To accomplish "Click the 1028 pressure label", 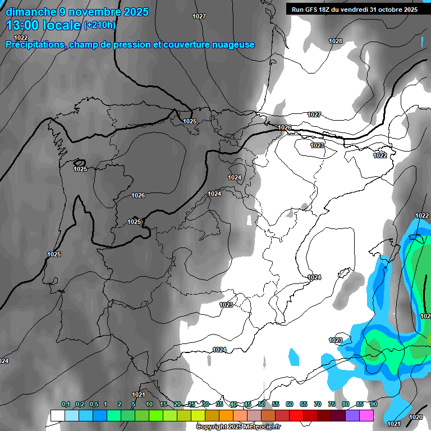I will click(x=336, y=41).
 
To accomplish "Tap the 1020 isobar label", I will click(x=416, y=417).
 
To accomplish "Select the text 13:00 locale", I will click(x=43, y=25).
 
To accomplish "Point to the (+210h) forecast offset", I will click(x=99, y=25).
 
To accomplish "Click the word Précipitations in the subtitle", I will click(x=35, y=45).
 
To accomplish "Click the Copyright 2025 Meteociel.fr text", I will click(x=238, y=427).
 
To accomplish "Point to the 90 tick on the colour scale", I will click(x=374, y=405).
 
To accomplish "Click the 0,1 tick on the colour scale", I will click(x=66, y=405).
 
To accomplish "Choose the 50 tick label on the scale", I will click(x=262, y=405).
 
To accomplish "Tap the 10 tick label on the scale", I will click(x=149, y=405).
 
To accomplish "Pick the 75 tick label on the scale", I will click(x=332, y=405).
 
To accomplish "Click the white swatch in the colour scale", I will click(x=57, y=415).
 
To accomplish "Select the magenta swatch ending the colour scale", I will click(x=366, y=415).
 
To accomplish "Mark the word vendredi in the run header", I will click(x=350, y=10).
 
